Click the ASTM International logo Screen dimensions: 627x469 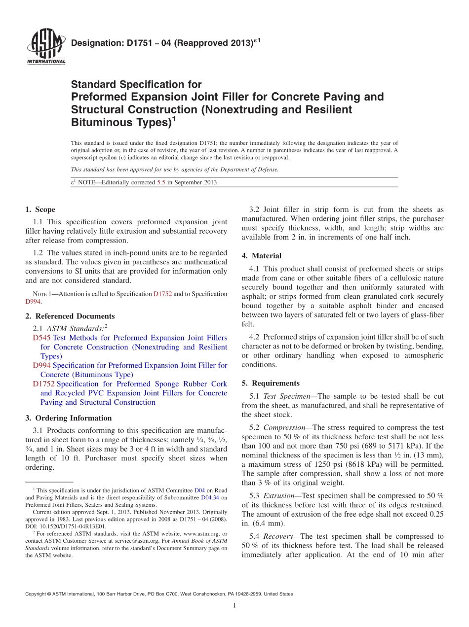45,47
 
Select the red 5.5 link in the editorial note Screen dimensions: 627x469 161,182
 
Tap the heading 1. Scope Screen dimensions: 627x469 40,209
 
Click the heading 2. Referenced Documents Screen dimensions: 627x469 70,316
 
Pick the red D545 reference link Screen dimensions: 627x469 41,338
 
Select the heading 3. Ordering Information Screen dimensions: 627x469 69,418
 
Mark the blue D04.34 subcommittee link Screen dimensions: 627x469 211,498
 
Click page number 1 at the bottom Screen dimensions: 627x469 234,606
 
